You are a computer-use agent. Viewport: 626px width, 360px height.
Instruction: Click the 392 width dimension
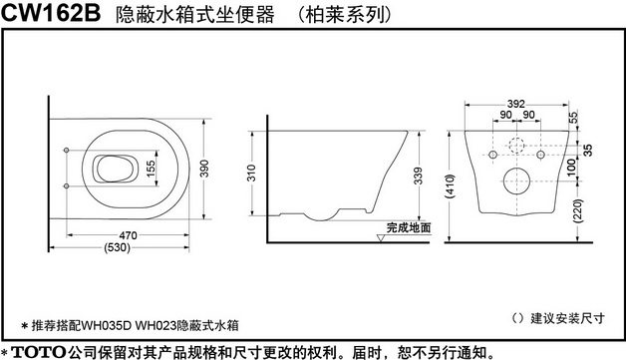tap(514, 104)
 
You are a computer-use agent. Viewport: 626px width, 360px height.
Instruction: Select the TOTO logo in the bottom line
tap(37, 351)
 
